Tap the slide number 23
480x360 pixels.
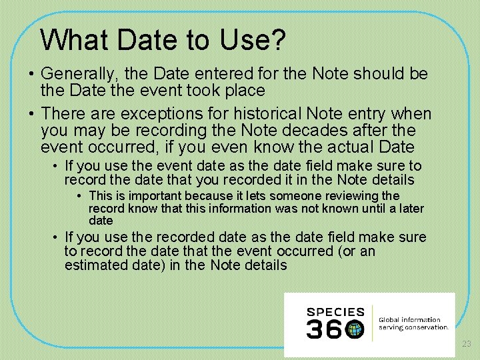coord(467,344)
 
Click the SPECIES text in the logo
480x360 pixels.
coord(335,312)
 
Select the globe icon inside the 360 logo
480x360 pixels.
coord(355,329)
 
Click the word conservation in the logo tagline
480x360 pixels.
coord(427,327)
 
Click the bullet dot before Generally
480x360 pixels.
coord(31,75)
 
